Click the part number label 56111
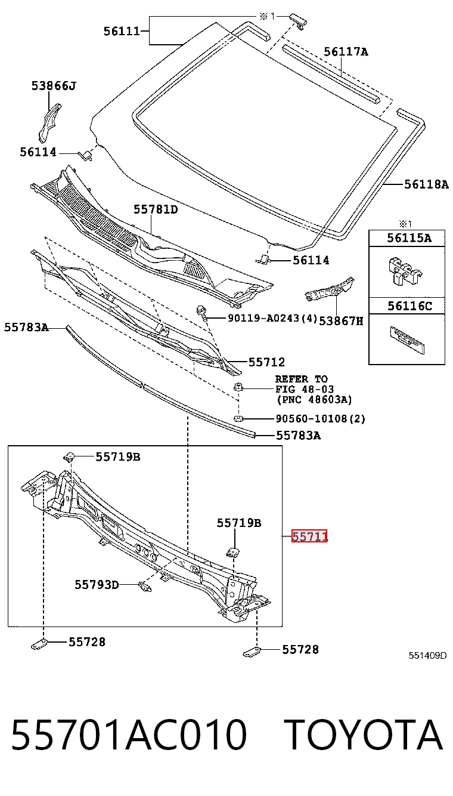pyautogui.click(x=122, y=31)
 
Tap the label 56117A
pyautogui.click(x=346, y=52)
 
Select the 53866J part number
pyautogui.click(x=54, y=86)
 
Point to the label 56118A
pyautogui.click(x=426, y=184)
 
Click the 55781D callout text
pyautogui.click(x=156, y=209)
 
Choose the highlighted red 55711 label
pyautogui.click(x=309, y=536)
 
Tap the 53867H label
pyautogui.click(x=341, y=321)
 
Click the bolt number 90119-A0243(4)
pyautogui.click(x=272, y=317)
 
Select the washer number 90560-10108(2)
pyautogui.click(x=321, y=419)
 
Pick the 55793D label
pyautogui.click(x=97, y=585)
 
